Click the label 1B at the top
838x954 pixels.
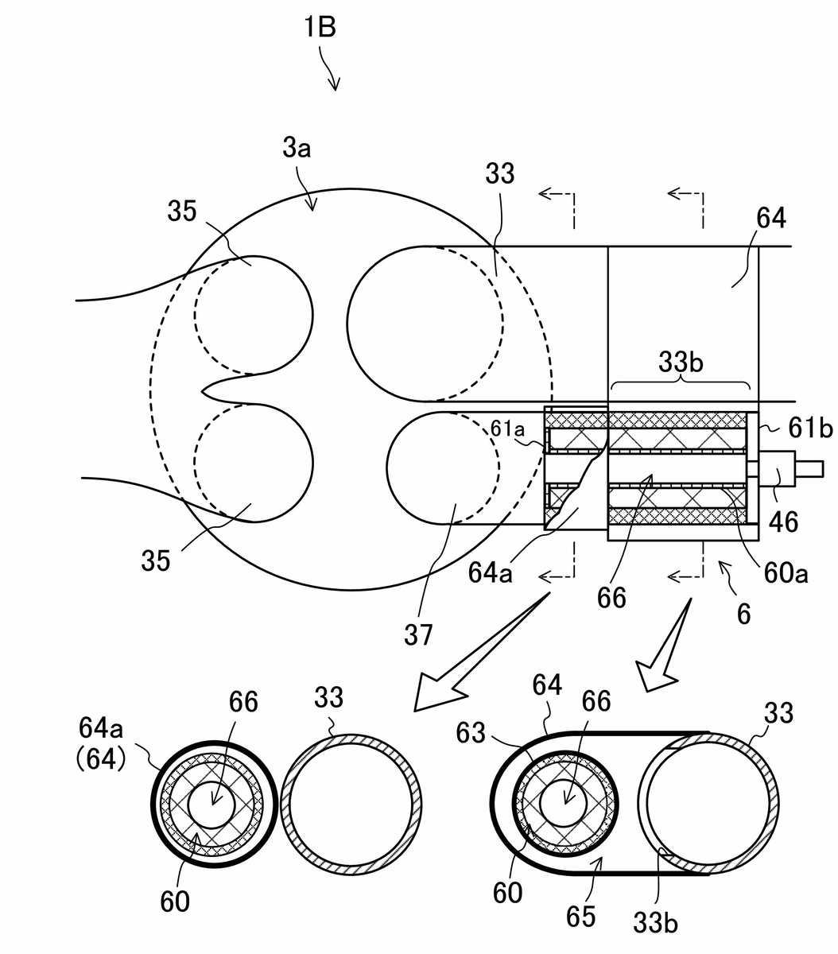click(320, 26)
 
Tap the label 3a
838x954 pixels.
click(297, 148)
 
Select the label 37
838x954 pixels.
click(418, 634)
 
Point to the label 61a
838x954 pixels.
click(507, 429)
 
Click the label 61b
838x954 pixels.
click(810, 428)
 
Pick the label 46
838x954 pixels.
click(783, 522)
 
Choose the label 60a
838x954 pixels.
click(786, 573)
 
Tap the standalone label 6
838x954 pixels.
click(743, 615)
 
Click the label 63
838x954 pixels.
click(470, 733)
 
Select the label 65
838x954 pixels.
click(581, 917)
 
